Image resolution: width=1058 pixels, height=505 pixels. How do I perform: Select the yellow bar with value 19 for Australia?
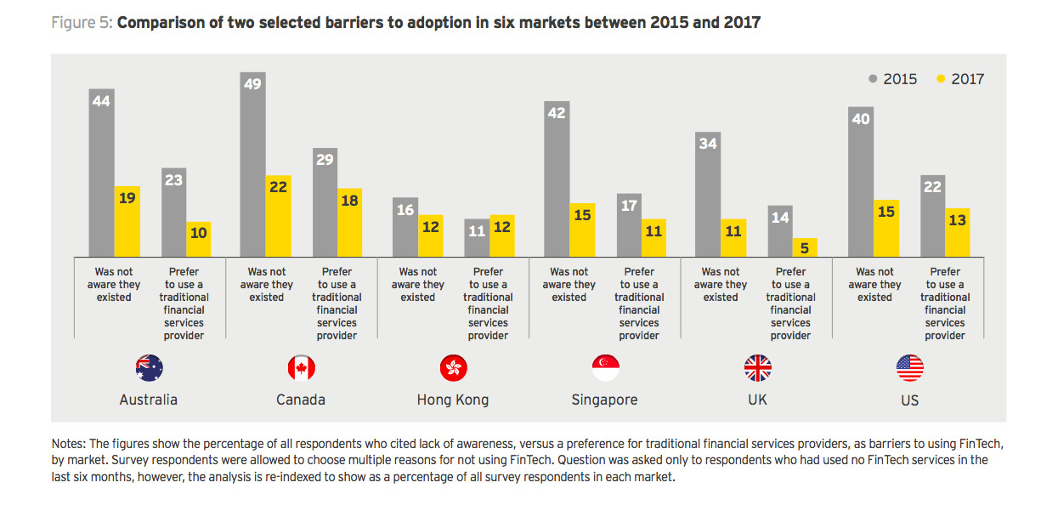(x=127, y=221)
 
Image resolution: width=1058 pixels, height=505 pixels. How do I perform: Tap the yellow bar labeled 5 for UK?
(x=804, y=247)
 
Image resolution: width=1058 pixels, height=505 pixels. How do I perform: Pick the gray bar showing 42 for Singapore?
(x=557, y=179)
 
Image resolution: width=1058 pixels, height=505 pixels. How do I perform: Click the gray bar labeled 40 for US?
(x=861, y=181)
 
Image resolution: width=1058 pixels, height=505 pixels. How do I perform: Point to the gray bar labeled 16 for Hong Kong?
(x=405, y=227)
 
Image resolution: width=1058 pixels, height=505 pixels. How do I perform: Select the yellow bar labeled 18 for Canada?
(x=349, y=223)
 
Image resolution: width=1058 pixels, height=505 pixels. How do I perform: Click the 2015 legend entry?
(x=893, y=79)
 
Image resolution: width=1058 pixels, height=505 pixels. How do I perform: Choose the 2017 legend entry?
(x=960, y=79)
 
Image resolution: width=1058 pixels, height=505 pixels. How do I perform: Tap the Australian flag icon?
(x=149, y=368)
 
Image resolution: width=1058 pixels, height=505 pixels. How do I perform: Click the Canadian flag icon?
(x=301, y=368)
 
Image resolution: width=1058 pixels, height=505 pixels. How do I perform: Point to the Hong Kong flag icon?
(x=453, y=368)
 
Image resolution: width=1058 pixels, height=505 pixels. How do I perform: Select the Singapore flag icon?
(x=605, y=368)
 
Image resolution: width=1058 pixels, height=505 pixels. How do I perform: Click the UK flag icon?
(x=757, y=368)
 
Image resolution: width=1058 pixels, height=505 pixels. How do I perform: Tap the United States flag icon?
(x=909, y=368)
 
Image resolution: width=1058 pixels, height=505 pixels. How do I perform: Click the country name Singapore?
(x=605, y=400)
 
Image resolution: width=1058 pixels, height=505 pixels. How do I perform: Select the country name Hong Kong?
(x=453, y=400)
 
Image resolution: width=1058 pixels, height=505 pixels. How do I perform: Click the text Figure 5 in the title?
(x=81, y=23)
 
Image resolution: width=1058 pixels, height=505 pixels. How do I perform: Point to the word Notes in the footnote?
(x=69, y=445)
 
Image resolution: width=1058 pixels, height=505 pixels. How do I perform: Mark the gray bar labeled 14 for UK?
(x=778, y=230)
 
